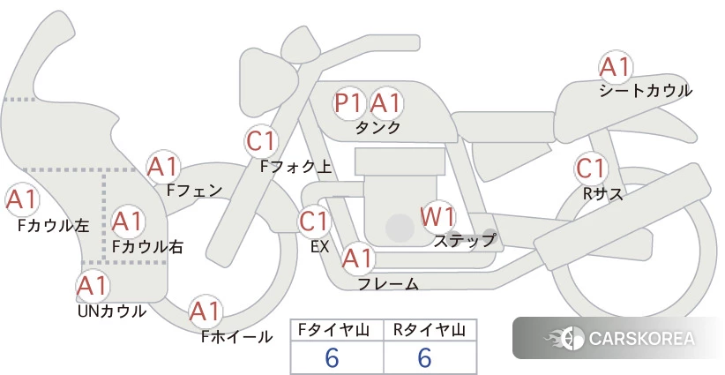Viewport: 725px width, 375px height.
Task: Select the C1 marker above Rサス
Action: pos(590,169)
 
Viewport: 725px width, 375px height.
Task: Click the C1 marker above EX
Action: pos(314,221)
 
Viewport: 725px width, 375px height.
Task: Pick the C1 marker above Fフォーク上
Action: pos(262,140)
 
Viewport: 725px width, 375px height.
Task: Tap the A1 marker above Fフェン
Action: pos(163,166)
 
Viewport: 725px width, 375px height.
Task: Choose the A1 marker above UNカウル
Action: pos(92,286)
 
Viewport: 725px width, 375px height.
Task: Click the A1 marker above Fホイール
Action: pos(206,311)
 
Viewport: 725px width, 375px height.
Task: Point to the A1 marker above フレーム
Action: pos(357,259)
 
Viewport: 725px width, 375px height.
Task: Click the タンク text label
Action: pos(377,128)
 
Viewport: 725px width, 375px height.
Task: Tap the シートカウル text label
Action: pos(646,91)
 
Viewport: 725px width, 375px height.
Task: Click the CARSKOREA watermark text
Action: pos(641,339)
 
